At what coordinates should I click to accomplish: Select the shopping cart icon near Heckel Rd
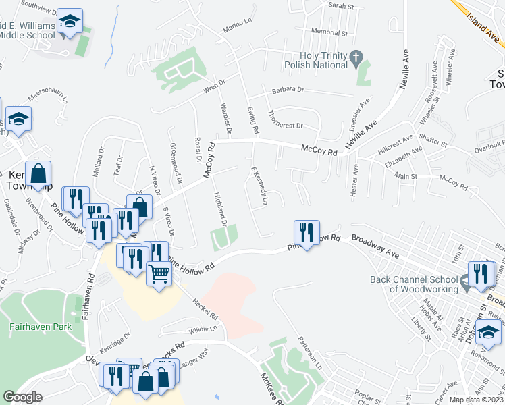159,273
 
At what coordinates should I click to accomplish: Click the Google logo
22,397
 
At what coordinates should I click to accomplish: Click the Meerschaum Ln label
48,97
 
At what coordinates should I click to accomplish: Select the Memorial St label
329,32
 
